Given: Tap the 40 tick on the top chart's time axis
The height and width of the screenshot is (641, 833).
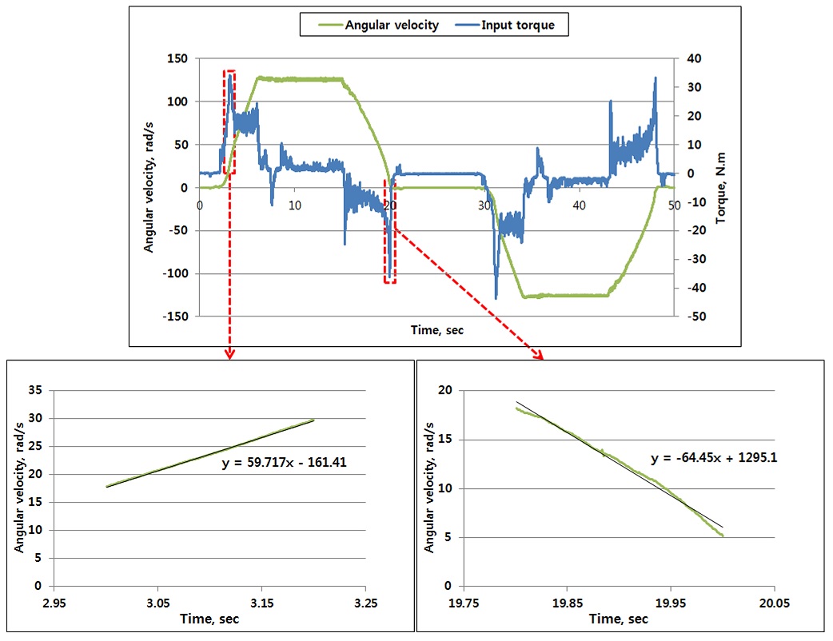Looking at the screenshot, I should coord(579,205).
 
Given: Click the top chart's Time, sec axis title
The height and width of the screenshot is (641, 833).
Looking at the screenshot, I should coord(436,329).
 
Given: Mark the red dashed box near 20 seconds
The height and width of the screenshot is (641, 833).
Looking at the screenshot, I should coord(389,231).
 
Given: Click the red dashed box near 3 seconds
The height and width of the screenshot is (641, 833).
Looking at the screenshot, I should coord(229,121).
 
